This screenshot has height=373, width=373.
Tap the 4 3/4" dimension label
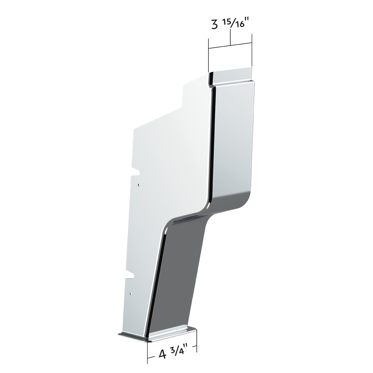172,353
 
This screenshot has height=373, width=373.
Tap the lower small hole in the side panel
132,293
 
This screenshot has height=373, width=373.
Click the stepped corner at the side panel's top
183,90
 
